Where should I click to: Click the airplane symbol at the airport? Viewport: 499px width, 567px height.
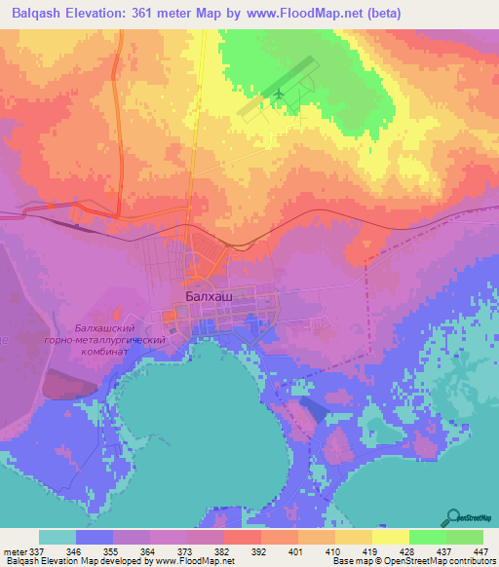(280, 94)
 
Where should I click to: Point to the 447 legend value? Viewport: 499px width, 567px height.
(482, 550)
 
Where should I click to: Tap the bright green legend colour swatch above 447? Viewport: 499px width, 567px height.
(465, 537)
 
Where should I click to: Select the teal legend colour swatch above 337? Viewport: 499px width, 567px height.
(57, 537)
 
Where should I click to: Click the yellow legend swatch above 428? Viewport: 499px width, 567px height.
(391, 537)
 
